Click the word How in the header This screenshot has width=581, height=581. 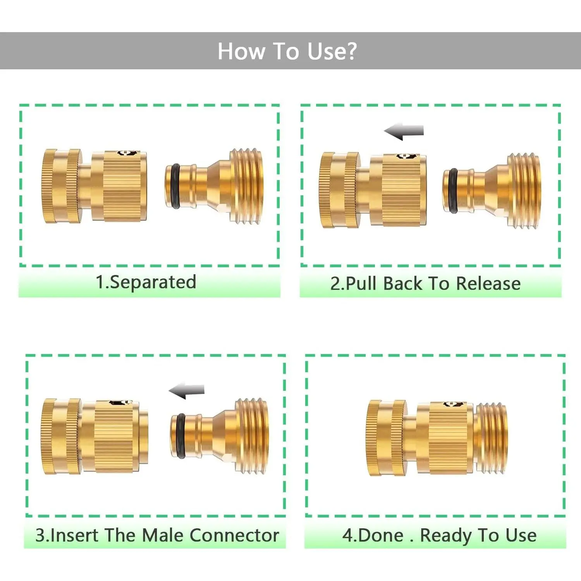coord(242,51)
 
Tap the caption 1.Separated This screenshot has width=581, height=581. coord(146,282)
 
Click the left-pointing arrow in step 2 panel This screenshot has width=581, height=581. coord(404,131)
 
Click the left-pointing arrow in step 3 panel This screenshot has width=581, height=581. coord(187,391)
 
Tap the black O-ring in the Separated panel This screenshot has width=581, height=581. coord(175,187)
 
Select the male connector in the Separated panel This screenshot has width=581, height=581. coord(214,187)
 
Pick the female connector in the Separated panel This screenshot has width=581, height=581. coord(95,186)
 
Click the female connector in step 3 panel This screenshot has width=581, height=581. coord(95,436)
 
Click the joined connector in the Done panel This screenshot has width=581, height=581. coord(437,438)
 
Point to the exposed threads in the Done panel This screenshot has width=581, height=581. coord(491,438)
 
